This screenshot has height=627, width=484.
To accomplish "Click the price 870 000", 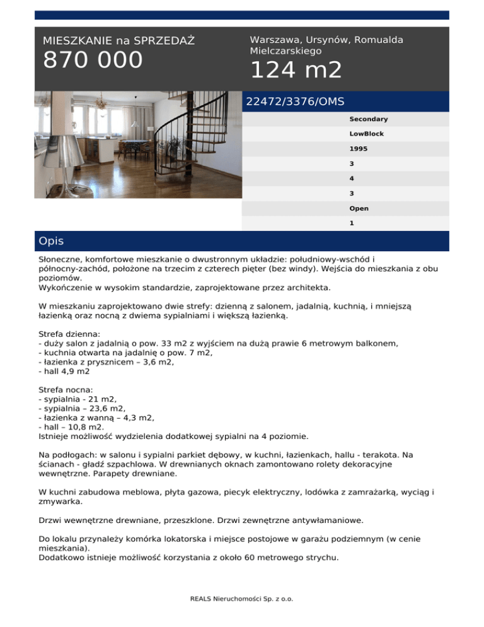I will (93, 61).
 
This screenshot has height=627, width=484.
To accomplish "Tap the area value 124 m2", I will (296, 70).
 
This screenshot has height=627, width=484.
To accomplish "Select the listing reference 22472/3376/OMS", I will (296, 101).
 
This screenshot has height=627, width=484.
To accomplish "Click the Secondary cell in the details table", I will (368, 119).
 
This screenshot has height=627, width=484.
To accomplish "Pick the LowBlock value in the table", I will (366, 134).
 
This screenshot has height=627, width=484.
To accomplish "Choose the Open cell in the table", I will (359, 208).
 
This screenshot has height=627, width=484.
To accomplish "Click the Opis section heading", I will (51, 241).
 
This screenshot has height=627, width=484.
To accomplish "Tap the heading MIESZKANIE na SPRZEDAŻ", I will (118, 41).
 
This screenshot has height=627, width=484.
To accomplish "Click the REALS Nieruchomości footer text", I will (242, 599).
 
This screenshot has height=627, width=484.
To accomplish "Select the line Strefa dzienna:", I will (70, 333).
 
